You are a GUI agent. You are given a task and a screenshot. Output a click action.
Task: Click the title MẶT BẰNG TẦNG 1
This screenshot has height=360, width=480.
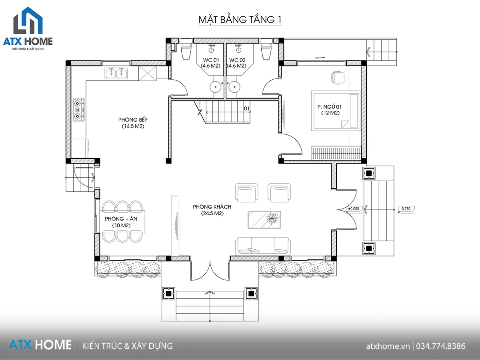point(240,20)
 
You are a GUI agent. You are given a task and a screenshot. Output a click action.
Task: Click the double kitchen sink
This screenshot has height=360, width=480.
point(116,73)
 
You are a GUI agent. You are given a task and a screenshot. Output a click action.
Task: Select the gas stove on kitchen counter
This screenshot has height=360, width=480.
point(79,110)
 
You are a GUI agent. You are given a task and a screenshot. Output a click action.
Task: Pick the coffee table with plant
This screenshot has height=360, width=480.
point(264,220)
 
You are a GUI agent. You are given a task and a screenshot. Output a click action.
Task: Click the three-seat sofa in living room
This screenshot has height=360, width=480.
point(263,246)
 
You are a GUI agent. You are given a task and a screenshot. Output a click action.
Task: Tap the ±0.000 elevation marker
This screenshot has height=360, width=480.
point(353,209)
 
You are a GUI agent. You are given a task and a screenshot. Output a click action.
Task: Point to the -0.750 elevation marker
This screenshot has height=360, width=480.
point(406,209)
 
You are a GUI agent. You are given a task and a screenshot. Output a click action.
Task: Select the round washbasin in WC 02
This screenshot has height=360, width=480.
point(234,87)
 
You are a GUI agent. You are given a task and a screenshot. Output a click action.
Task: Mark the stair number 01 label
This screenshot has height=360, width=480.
point(247,108)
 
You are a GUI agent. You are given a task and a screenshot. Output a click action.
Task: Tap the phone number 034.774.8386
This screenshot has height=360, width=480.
point(440,346)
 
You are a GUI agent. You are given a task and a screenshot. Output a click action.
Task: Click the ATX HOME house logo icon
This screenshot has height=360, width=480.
point(28,20)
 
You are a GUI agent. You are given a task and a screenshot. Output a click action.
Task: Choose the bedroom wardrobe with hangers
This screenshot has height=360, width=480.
point(336,153)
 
